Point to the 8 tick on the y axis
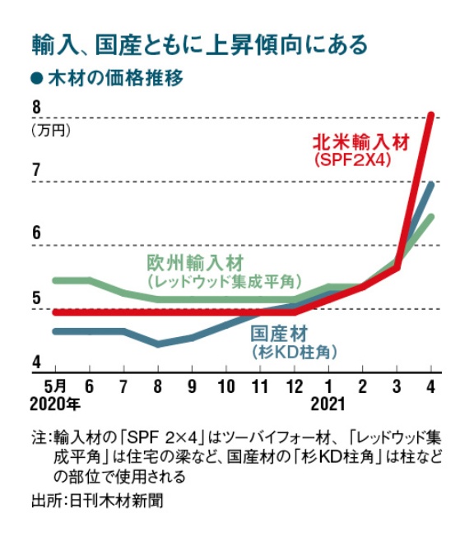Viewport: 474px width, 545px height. [x=36, y=108]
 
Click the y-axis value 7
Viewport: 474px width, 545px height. [x=36, y=171]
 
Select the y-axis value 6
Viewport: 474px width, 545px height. [x=36, y=234]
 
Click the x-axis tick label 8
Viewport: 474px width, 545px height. [x=157, y=385]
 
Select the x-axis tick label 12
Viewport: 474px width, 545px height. [x=295, y=385]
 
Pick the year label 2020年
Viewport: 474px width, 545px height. [x=54, y=404]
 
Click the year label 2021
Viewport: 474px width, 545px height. [x=329, y=404]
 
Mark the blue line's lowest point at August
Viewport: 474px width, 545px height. [x=157, y=344]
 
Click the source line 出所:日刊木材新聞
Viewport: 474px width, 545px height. [x=96, y=501]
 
